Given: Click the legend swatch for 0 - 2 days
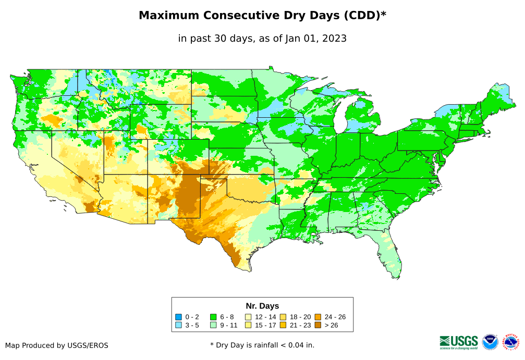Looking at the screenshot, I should tap(179, 317).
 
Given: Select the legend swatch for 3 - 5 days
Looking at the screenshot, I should tap(179, 325).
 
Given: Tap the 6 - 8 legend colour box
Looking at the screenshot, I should tap(213, 317).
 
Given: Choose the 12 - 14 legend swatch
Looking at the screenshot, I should tap(248, 317).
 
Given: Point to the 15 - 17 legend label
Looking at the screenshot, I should tap(265, 325).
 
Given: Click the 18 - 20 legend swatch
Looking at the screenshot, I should tap(283, 317).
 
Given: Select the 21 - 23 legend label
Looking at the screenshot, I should tap(300, 325).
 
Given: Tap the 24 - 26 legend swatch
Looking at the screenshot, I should tap(318, 317).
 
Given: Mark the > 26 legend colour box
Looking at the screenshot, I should tap(318, 325).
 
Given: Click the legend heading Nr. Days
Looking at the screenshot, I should tap(262, 306).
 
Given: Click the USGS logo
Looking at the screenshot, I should tap(459, 341).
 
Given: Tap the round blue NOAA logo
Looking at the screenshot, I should tap(490, 342).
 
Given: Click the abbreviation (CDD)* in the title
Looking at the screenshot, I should tap(364, 16).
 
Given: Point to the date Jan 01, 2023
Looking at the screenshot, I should tap(315, 38).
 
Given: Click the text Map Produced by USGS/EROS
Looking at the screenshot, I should tap(57, 345).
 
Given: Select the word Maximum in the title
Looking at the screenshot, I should tap(167, 16).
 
